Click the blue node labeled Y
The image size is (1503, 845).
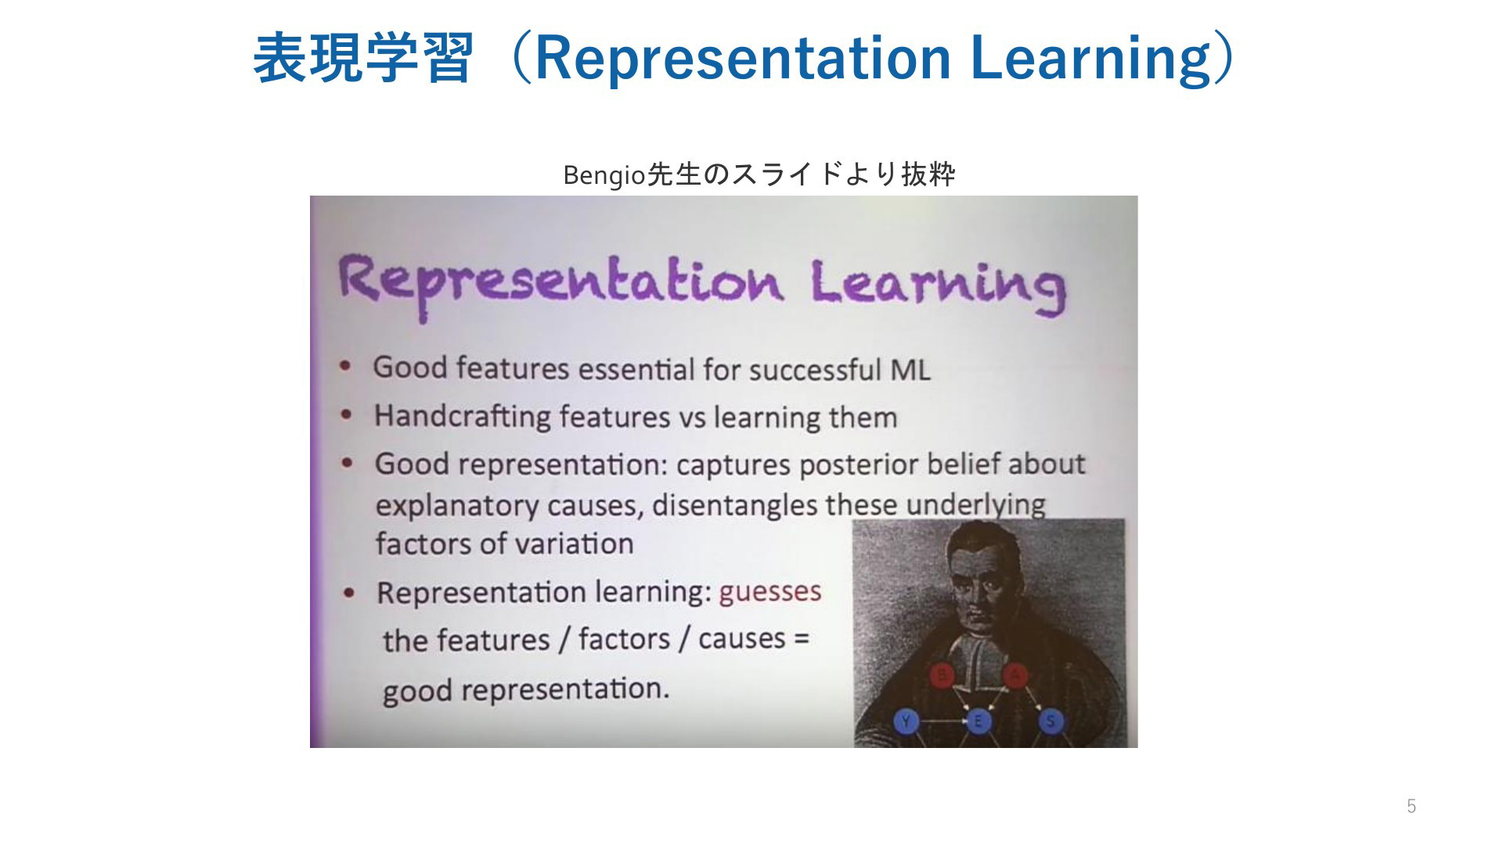pos(906,721)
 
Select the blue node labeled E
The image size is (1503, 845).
pos(979,721)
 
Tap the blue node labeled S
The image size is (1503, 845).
pos(1051,721)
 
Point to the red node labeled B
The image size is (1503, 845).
pos(943,675)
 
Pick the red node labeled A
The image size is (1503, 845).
pos(1015,675)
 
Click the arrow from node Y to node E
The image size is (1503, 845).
pos(943,721)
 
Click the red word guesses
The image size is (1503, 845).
pos(770,591)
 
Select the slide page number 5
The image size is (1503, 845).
pos(1411,806)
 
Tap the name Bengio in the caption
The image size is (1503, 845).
pos(604,176)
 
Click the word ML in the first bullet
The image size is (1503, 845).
pos(910,369)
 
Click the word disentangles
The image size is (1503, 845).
pos(734,505)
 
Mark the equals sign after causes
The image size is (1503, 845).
pos(800,638)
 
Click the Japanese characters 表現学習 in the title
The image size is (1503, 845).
pos(362,58)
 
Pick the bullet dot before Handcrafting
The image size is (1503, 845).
pos(346,415)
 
